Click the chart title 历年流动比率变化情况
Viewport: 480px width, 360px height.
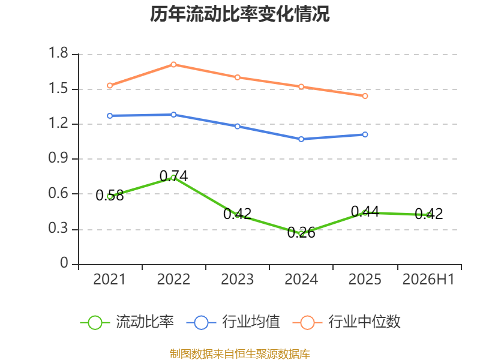coord(239,14)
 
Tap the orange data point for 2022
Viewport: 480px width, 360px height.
coord(173,65)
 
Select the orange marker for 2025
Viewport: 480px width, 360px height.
coord(365,96)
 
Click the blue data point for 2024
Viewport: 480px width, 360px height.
coord(301,139)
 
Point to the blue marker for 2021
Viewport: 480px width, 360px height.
coord(110,116)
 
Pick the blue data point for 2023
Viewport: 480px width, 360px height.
coord(238,127)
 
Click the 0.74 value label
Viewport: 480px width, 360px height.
coord(173,176)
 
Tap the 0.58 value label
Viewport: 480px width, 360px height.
coord(110,196)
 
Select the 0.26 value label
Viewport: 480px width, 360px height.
coord(301,233)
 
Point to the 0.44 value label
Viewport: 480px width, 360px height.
coord(365,212)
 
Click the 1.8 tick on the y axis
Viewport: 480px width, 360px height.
coord(58,53)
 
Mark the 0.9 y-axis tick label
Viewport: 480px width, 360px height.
coord(58,158)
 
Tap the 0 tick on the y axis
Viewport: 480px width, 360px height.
coord(64,263)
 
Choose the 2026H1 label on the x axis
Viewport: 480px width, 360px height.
coord(428,280)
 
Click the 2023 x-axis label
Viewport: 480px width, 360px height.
coord(238,280)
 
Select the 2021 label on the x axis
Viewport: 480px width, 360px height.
coord(110,280)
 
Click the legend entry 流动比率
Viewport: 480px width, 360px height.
coord(127,322)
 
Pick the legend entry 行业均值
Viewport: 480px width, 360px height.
coord(233,322)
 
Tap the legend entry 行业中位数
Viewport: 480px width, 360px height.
coord(347,322)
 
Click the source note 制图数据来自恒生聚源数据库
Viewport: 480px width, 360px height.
coord(240,353)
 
